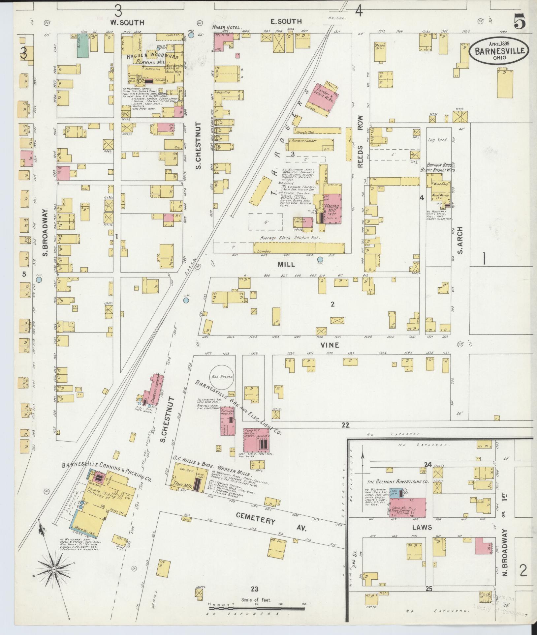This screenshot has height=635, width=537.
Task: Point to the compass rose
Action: click(x=54, y=569)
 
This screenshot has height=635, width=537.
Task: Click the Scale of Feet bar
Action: click(x=256, y=608)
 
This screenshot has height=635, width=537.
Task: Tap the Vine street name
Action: click(x=330, y=345)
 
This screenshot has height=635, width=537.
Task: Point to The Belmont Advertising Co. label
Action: click(x=397, y=481)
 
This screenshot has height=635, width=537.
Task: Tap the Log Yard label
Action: click(x=438, y=140)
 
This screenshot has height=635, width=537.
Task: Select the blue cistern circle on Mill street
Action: click(x=320, y=259)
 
